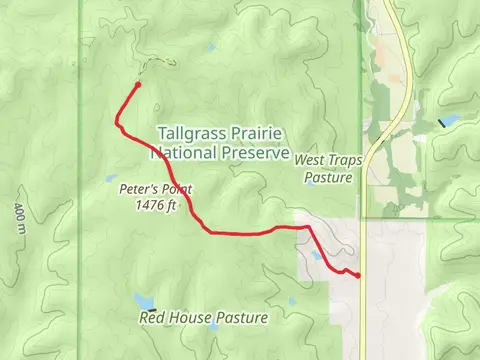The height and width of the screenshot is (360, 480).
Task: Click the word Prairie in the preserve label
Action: pyautogui.click(x=255, y=133)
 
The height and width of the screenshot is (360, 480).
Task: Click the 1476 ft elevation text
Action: pyautogui.click(x=155, y=206)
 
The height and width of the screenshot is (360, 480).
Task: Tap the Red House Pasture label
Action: pyautogui.click(x=204, y=318)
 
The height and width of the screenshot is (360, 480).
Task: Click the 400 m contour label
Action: pyautogui.click(x=19, y=218)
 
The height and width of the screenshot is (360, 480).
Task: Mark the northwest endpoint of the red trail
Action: pyautogui.click(x=137, y=85)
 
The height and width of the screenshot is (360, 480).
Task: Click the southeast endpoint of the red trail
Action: pyautogui.click(x=358, y=275)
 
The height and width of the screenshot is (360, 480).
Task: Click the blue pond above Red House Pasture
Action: pyautogui.click(x=146, y=301)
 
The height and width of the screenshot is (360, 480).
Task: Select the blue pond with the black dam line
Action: pyautogui.click(x=447, y=121)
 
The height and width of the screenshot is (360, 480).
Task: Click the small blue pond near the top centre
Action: pyautogui.click(x=211, y=47)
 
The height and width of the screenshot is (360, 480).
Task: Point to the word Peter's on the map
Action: pyautogui.click(x=138, y=189)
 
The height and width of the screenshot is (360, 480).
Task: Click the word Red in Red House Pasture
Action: pyautogui.click(x=153, y=318)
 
